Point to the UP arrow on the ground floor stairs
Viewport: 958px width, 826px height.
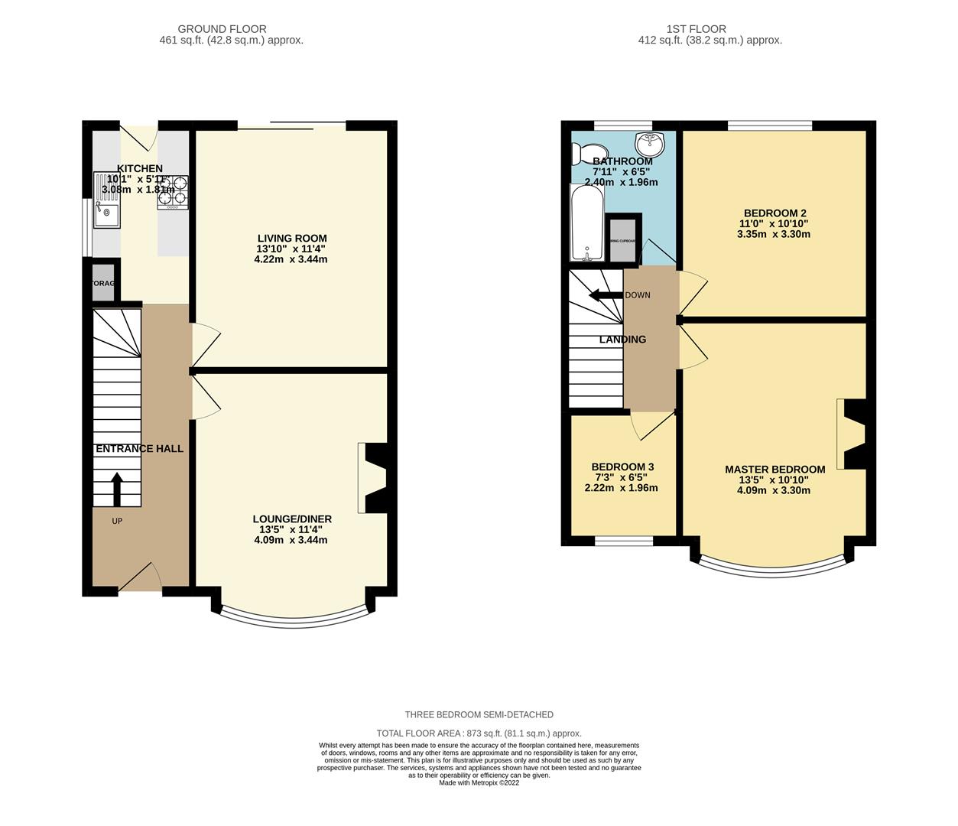click(x=117, y=489)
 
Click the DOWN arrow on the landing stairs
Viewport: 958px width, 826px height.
click(x=605, y=295)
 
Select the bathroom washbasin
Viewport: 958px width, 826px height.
click(x=651, y=142)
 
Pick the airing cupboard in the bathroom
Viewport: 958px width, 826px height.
click(x=623, y=238)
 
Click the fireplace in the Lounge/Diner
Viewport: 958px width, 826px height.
click(x=372, y=478)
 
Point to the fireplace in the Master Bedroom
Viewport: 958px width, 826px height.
click(x=852, y=434)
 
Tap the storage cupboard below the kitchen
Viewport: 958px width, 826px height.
click(x=103, y=284)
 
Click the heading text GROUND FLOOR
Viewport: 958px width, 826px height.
click(x=222, y=29)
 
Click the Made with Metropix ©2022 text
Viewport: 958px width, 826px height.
click(x=479, y=782)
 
